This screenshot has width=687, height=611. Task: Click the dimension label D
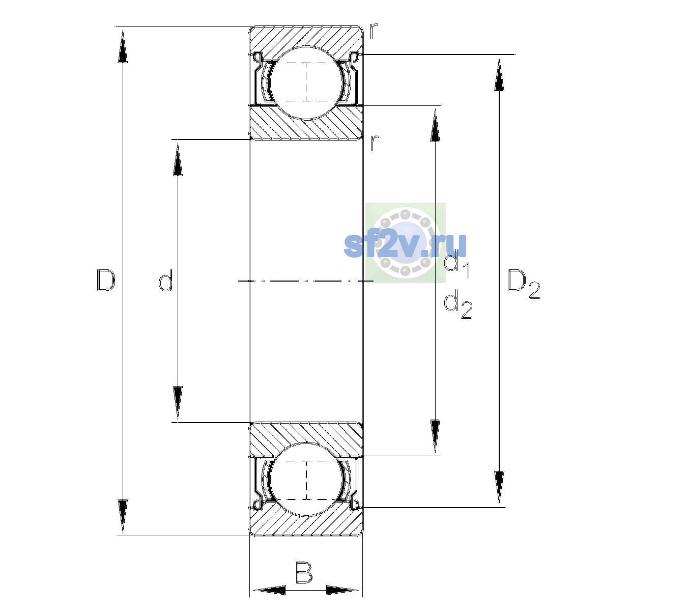click(106, 280)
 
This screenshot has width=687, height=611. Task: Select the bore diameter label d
click(166, 280)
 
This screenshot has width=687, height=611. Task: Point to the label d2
click(458, 304)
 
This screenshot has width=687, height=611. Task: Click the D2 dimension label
click(523, 284)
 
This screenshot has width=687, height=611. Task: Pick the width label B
click(304, 572)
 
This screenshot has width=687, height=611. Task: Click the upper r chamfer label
click(374, 31)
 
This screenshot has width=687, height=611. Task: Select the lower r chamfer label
click(374, 143)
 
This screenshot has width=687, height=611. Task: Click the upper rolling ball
click(306, 82)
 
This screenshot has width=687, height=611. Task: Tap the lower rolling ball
click(306, 479)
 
